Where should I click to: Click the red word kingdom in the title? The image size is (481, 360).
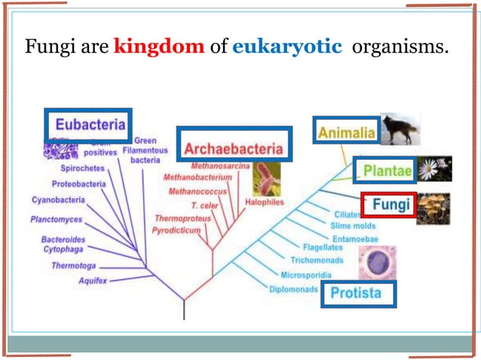158,47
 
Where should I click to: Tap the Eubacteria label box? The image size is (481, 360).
85,124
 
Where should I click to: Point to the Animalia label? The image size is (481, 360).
346,133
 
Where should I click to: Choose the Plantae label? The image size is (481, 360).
387,171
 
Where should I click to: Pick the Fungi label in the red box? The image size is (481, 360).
391,205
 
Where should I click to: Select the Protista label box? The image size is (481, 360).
357,293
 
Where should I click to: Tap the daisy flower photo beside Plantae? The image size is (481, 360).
435,169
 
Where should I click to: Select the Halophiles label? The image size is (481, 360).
264,203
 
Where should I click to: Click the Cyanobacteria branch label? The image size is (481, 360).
58,200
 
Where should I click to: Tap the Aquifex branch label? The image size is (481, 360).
92,280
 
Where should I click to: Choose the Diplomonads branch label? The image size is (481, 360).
293,288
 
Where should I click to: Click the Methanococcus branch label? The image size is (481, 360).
192,191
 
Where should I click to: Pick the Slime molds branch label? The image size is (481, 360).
354,226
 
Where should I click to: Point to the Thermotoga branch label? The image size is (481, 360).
74,265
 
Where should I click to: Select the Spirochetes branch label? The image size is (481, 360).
82,168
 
